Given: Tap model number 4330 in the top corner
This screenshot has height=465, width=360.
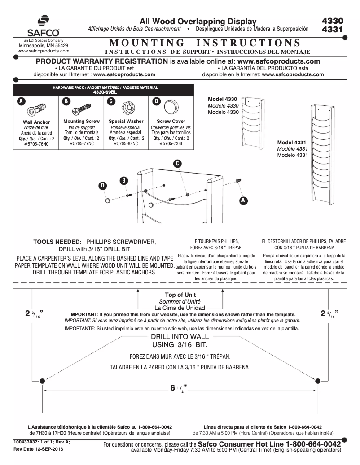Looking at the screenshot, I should point(333,21).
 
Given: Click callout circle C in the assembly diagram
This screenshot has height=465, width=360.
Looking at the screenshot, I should point(177,164).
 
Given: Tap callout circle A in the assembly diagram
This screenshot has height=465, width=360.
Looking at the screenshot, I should point(243,200).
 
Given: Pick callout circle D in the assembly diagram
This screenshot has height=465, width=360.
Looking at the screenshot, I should point(102,185).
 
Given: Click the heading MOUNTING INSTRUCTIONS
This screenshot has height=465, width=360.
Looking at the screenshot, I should point(205,43).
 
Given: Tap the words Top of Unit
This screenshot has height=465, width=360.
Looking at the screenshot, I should point(180,295).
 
